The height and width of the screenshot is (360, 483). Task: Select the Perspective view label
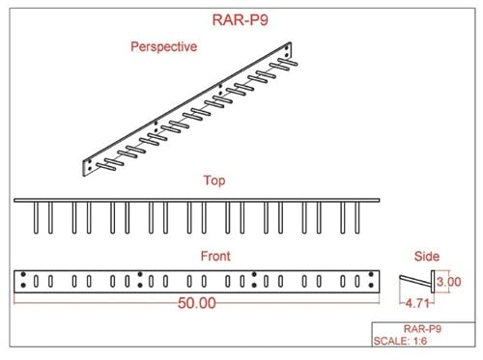click(x=163, y=46)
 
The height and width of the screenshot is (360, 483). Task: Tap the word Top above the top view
click(x=214, y=180)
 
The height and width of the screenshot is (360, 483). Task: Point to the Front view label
click(x=214, y=256)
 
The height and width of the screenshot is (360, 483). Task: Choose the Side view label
click(x=426, y=257)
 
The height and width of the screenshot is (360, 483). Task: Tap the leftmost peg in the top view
click(x=34, y=217)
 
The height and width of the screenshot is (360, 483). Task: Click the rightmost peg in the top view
click(x=359, y=217)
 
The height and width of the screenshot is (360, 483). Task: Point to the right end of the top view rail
click(x=379, y=200)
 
